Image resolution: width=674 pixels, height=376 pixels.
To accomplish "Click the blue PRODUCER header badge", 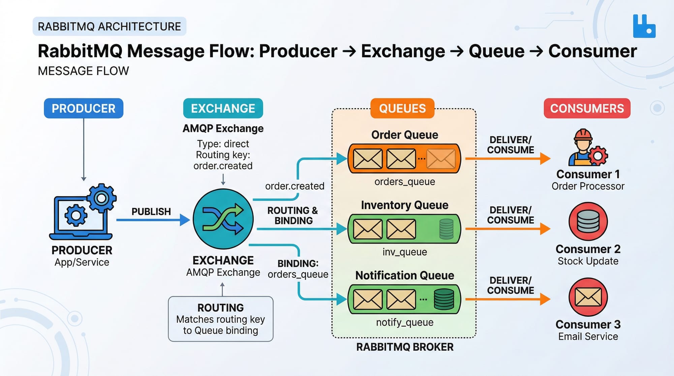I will pos(84,108).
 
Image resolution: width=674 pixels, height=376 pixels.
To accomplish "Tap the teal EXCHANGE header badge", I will pos(223,108).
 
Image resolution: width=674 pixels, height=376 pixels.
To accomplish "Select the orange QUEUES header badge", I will pos(402,108).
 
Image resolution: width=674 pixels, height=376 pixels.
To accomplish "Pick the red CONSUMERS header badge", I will pos(587,108).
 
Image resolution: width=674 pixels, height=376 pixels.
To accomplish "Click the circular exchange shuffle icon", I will pos(223,219).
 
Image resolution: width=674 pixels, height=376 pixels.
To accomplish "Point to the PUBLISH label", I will pos(151,212).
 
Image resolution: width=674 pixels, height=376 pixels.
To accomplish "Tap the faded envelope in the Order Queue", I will pos(441,159).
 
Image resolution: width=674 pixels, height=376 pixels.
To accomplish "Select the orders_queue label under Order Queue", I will pos(404,182).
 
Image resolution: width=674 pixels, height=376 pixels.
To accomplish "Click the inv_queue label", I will pos(404,252).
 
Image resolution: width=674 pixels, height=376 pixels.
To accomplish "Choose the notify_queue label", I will pos(404,322).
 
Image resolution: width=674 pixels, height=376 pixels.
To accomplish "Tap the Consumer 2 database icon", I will pos(588,221).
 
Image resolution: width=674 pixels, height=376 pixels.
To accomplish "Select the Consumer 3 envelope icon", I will pos(588,297).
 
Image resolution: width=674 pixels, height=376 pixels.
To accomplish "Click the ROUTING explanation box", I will pos(221,319).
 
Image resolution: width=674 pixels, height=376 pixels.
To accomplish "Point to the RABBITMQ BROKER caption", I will pos(404,347).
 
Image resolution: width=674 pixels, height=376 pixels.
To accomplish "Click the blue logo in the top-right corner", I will pos(644,26).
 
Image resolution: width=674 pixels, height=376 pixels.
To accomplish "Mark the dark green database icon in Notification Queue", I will pos(444,299).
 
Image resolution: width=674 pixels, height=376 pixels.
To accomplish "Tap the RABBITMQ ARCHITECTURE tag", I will pos(109,26).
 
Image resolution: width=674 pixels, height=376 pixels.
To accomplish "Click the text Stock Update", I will pos(588,261).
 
